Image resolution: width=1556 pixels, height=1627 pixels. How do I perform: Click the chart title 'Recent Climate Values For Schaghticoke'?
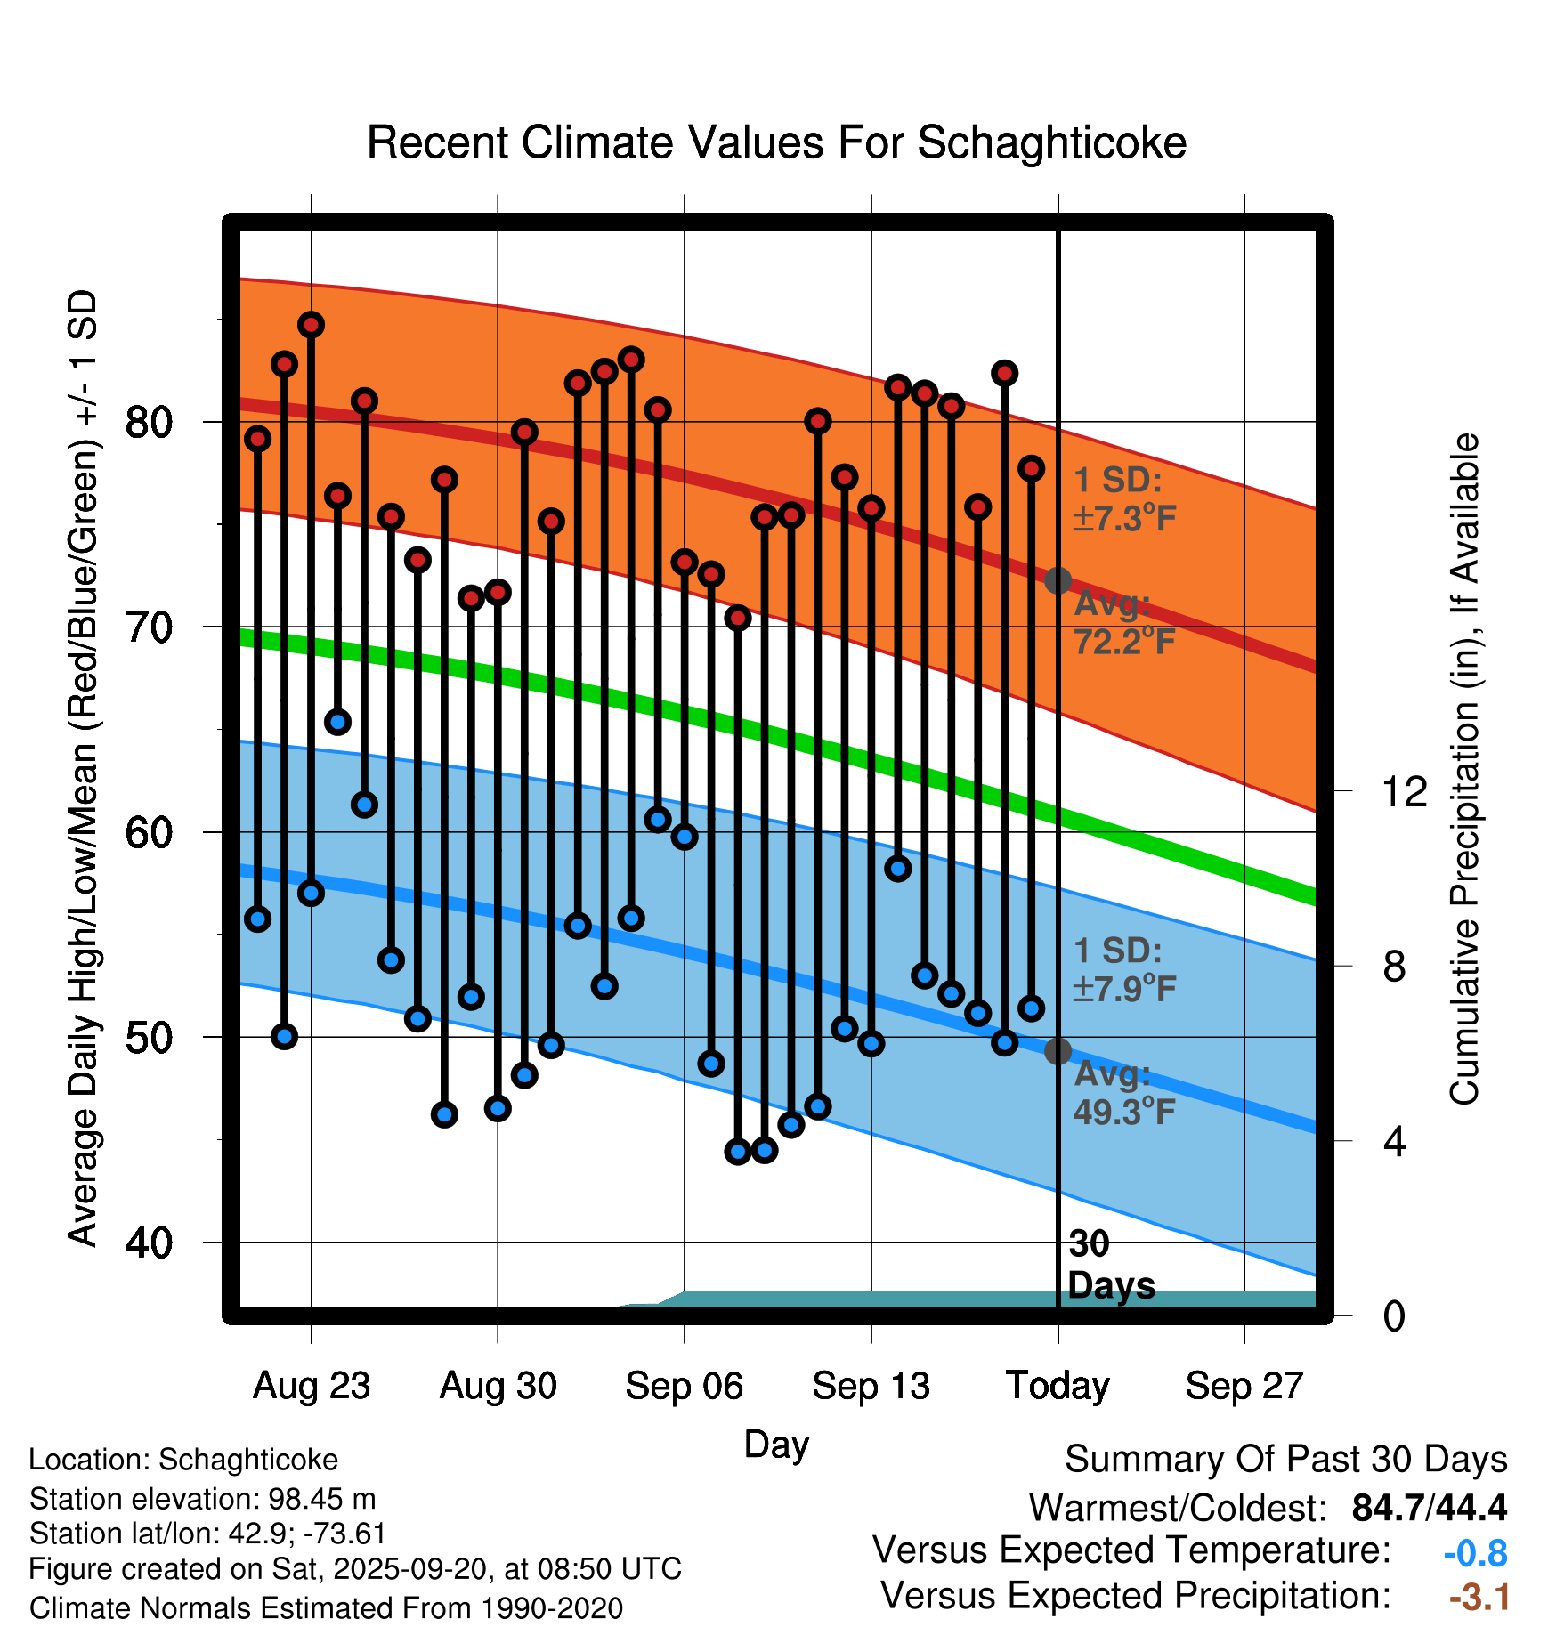(776, 142)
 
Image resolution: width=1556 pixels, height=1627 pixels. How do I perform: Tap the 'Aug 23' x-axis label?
(311, 1386)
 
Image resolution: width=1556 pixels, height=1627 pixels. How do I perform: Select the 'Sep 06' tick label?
(684, 1386)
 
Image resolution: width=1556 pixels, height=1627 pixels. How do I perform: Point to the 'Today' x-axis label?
(1058, 1386)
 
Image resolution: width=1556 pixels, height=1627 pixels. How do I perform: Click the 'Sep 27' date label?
(1244, 1386)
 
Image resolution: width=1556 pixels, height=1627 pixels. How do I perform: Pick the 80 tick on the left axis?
(149, 422)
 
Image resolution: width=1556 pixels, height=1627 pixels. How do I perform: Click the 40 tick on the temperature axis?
(149, 1243)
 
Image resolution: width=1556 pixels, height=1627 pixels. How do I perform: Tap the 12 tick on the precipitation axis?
(1404, 791)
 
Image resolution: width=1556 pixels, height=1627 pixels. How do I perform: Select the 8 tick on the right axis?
(1394, 966)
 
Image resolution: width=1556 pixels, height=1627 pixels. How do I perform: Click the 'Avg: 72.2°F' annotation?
(1123, 622)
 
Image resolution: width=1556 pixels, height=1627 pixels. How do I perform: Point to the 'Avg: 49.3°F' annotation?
(1123, 1092)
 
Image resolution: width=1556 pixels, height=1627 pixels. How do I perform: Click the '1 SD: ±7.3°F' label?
(1123, 499)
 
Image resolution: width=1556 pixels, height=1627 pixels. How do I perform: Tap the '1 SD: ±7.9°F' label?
(1123, 969)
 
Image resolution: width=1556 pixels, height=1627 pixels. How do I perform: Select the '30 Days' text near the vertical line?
(1110, 1265)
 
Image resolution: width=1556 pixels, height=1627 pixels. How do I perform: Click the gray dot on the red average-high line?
(1058, 581)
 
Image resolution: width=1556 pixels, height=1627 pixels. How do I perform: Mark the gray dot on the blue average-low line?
(1058, 1051)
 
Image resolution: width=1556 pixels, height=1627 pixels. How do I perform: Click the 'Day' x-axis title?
(776, 1444)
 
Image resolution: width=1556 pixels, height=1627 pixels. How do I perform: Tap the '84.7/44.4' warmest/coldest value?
(1429, 1508)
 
